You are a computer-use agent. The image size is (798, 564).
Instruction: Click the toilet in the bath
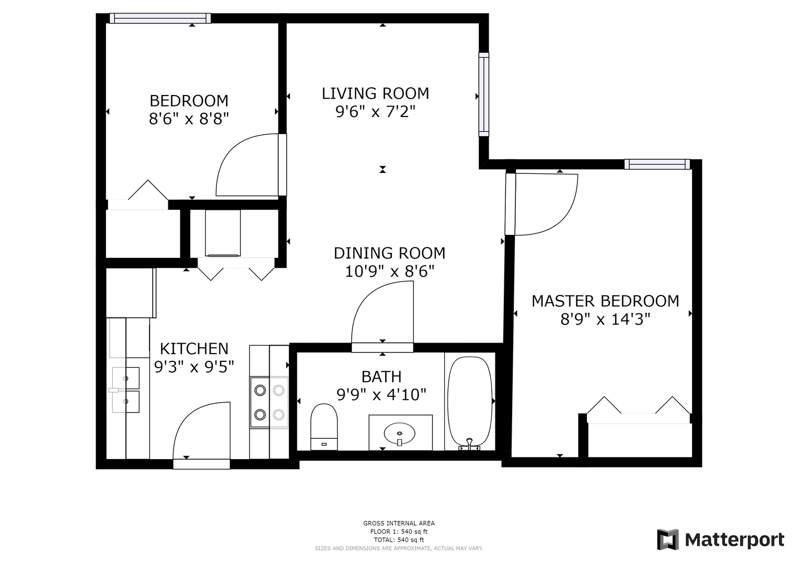tap(324, 427)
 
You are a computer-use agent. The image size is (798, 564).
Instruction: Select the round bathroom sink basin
tap(399, 433)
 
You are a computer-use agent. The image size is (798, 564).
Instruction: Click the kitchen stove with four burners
tap(269, 402)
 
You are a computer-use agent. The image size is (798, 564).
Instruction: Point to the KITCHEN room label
tap(194, 349)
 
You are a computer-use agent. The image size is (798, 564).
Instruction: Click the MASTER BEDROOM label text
tap(605, 301)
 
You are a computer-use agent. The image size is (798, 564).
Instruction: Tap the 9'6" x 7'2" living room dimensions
tap(376, 112)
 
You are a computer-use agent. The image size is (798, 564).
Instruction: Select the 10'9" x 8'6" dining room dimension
tap(390, 272)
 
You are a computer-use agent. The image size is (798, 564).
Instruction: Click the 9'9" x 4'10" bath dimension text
tap(381, 394)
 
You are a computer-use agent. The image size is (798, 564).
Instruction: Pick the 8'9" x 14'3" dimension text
tap(605, 319)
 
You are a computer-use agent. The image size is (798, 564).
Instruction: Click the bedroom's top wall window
tap(160, 18)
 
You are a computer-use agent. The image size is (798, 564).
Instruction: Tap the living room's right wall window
tap(484, 95)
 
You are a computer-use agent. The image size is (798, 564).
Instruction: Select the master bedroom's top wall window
tap(657, 164)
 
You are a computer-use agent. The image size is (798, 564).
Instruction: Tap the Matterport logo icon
tap(668, 539)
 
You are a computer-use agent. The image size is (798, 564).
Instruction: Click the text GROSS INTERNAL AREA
tap(399, 523)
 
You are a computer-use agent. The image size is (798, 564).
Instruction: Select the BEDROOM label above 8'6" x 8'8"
tap(189, 101)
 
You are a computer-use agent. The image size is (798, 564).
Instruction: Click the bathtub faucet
tap(469, 444)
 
